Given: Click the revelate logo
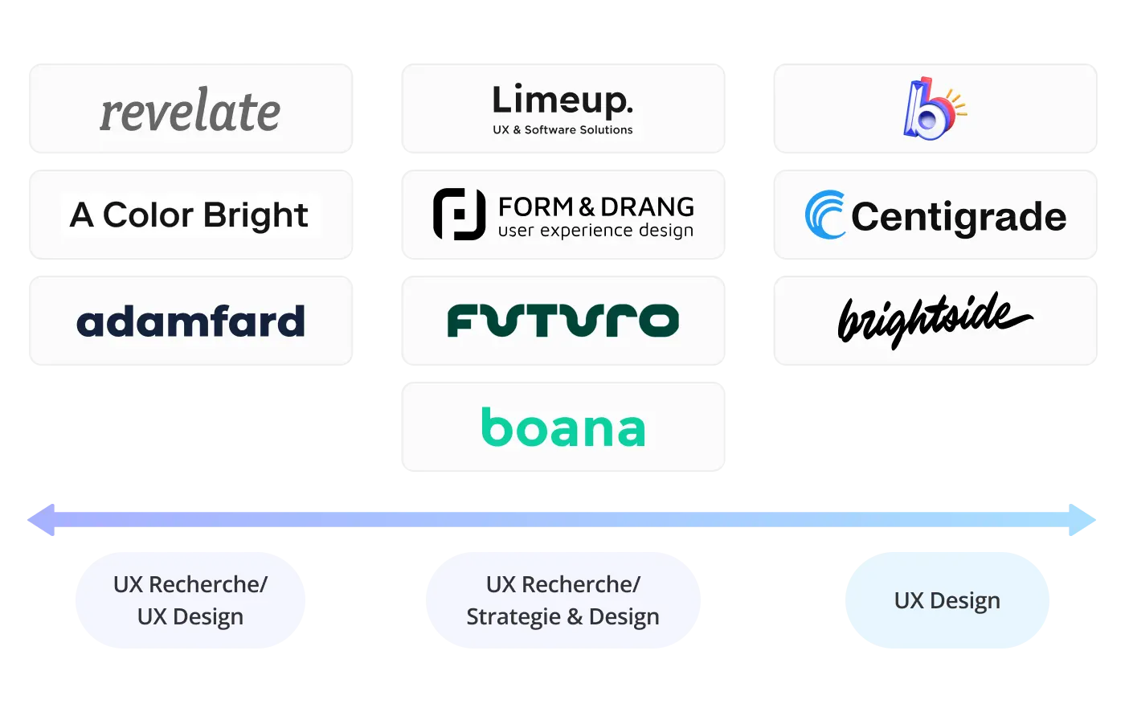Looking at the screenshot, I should tap(190, 111).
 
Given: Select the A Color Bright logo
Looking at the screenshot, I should tap(190, 215).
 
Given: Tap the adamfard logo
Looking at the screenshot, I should tap(190, 321).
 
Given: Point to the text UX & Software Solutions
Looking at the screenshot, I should tap(562, 129).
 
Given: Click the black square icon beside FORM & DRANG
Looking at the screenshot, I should tap(459, 215).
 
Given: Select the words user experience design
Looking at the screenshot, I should tap(595, 231).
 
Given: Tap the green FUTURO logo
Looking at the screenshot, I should tap(562, 320).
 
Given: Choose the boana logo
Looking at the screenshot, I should tap(562, 428).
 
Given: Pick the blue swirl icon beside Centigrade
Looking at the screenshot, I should tap(825, 215).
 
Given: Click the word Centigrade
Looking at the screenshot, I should tap(959, 216).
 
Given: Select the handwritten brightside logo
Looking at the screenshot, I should tap(935, 319).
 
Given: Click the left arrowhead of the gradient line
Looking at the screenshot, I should tap(42, 520).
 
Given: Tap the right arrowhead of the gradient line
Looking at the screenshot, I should tap(1083, 520).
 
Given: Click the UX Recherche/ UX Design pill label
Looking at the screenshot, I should tap(190, 599).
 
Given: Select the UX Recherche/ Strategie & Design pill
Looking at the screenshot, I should tap(562, 599).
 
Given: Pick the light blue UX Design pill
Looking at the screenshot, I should tap(947, 599).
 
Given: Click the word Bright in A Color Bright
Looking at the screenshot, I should tap(255, 215).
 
